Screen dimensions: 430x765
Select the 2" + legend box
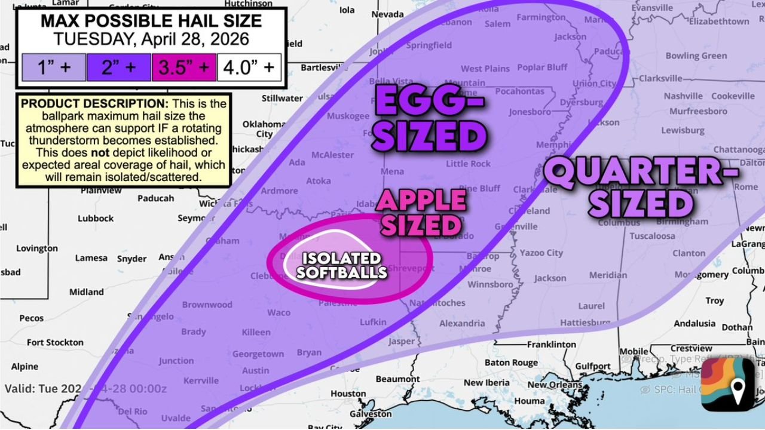[118, 67]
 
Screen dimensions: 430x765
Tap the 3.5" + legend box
[183, 67]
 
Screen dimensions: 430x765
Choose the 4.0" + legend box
[249, 67]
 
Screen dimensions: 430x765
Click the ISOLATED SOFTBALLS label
[341, 266]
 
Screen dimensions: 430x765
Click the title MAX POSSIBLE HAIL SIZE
[151, 21]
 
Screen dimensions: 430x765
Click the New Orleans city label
[555, 385]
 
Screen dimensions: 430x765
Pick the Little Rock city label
[469, 164]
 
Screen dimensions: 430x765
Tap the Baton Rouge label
[511, 363]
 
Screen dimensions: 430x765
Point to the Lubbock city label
[95, 219]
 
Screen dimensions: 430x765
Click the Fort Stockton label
[55, 342]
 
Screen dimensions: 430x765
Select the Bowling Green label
[696, 56]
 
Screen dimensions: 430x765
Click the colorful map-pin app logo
[727, 385]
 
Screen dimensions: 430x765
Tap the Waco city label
[279, 312]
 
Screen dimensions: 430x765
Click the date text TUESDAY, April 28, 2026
[151, 39]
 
